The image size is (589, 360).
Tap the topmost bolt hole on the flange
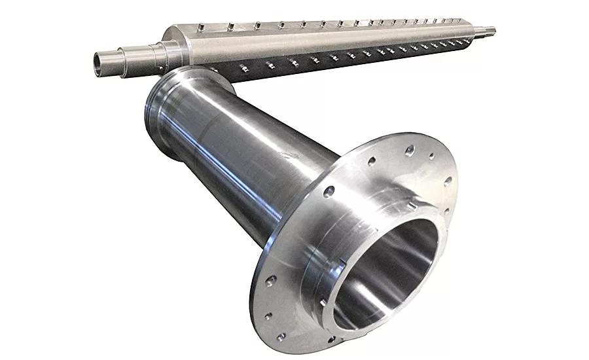point(410,150)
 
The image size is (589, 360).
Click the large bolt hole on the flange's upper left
point(329,191)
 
